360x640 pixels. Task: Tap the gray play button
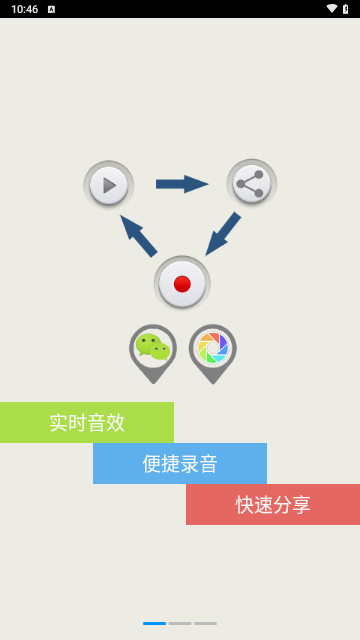[x=108, y=185]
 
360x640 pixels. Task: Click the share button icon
[x=251, y=184]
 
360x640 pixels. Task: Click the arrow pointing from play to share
[x=181, y=184]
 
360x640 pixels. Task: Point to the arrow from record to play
[x=138, y=236]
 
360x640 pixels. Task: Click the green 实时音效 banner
[x=87, y=422]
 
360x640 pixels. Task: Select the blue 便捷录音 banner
[x=180, y=463]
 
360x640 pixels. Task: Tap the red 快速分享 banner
[x=273, y=504]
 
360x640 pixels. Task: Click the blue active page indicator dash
[x=154, y=623]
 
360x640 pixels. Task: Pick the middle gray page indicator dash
[x=180, y=623]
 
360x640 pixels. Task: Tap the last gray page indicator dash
[x=205, y=623]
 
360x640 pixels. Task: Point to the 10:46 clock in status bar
[x=25, y=9]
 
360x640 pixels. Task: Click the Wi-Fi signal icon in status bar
[x=331, y=9]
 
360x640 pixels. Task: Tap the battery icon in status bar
[x=346, y=9]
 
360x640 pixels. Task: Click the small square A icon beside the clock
[x=51, y=9]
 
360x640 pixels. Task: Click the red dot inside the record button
[x=182, y=284]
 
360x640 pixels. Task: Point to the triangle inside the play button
[x=109, y=185]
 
